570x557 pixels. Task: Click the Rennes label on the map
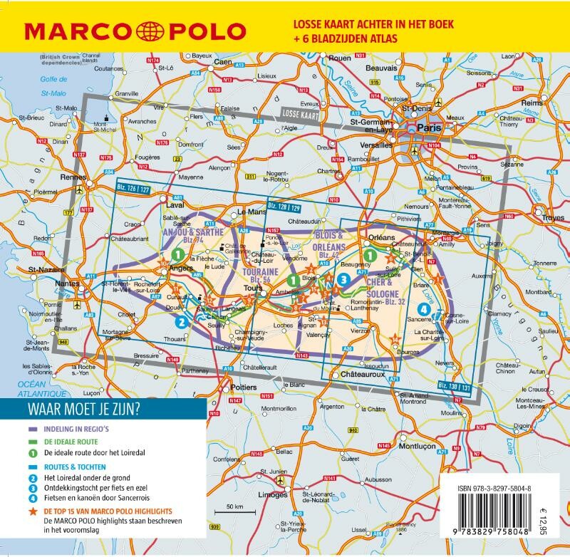click(73, 177)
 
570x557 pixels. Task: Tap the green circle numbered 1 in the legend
click(32, 452)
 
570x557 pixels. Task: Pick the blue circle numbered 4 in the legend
click(32, 499)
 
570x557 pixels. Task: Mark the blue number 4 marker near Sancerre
click(425, 309)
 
